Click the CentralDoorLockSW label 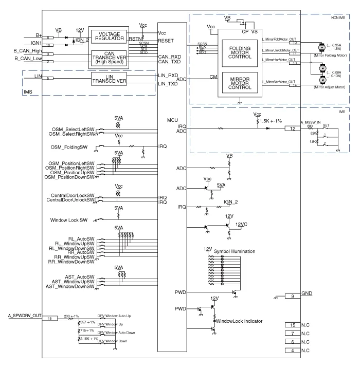pyautogui.click(x=72, y=195)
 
